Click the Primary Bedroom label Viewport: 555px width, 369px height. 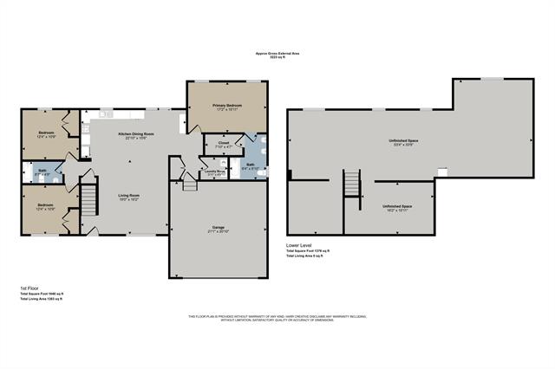pyautogui.click(x=228, y=105)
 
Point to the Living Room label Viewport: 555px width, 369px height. pyautogui.click(x=129, y=196)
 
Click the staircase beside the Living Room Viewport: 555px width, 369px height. pyautogui.click(x=88, y=202)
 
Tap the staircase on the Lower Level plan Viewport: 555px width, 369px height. pyautogui.click(x=352, y=184)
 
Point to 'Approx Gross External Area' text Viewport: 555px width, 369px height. pyautogui.click(x=277, y=52)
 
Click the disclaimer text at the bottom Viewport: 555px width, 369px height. pyautogui.click(x=277, y=318)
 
